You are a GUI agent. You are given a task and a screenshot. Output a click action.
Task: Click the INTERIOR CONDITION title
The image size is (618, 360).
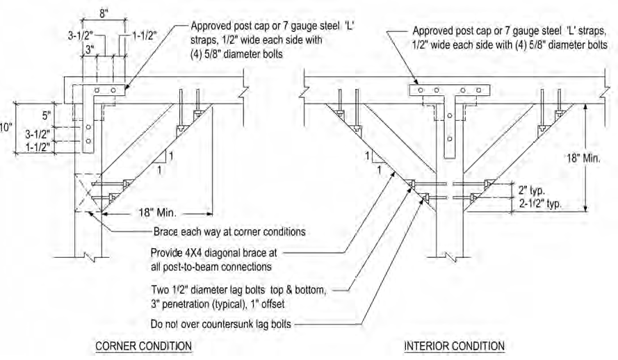[455, 345]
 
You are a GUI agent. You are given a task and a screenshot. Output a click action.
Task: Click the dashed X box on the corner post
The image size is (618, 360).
[88, 192]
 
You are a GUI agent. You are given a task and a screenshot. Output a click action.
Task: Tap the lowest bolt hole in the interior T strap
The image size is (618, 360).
[450, 138]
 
